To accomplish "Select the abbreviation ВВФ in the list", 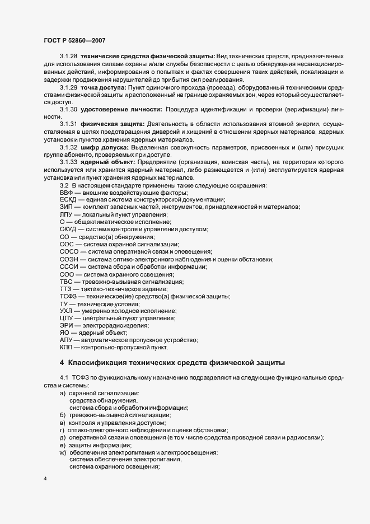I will point(67,193).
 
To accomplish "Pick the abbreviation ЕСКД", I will point(68,200).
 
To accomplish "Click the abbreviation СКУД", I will point(68,230).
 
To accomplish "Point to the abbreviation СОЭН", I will point(68,259).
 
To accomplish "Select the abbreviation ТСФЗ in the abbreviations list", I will point(69,296).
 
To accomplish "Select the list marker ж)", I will point(63,452).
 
